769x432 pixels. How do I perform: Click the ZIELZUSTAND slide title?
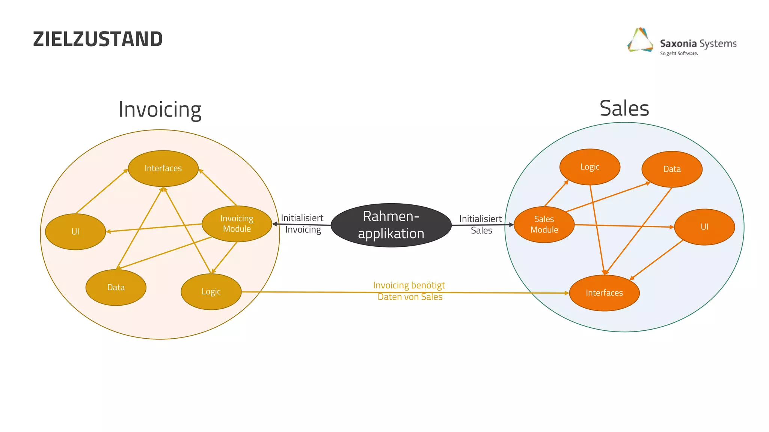(98, 39)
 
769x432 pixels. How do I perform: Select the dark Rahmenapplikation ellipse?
(391, 225)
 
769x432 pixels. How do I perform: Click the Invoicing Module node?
(237, 223)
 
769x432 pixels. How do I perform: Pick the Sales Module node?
(544, 224)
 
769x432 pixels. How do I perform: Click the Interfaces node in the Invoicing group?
(163, 168)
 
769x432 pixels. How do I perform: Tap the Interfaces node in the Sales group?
(604, 293)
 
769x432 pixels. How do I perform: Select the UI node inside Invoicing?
(75, 231)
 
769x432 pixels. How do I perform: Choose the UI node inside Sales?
(704, 227)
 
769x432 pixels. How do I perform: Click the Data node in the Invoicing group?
(116, 287)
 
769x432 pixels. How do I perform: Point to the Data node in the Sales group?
(672, 169)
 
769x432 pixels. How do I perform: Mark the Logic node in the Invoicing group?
(211, 291)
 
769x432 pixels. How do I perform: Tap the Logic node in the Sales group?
(590, 167)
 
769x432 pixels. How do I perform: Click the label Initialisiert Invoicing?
(303, 223)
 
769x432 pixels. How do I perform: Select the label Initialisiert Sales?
(481, 224)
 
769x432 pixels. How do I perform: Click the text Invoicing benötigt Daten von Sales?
(409, 291)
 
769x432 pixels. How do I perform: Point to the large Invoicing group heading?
(160, 109)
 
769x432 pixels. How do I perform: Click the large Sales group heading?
(624, 108)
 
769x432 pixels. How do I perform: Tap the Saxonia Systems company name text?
(698, 43)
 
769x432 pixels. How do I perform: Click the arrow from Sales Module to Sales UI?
(623, 226)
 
